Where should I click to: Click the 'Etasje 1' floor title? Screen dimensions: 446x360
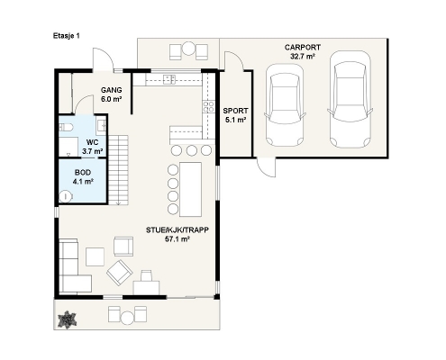coord(67,36)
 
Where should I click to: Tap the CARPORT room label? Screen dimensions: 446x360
coord(303,48)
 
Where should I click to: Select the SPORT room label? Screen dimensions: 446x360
coord(235,111)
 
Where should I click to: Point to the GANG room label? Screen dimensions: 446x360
coord(112,90)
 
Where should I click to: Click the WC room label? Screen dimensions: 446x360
coord(92,142)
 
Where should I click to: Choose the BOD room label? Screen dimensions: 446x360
coord(83,173)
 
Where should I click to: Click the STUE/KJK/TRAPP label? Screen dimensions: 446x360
coord(177,230)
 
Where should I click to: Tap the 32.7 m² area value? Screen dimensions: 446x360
coord(303,56)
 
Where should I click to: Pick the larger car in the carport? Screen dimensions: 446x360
coord(350,99)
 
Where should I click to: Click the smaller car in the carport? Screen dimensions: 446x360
coord(285,105)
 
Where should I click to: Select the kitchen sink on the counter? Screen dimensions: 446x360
coord(169,79)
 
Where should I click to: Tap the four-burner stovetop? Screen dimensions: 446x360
coord(209,107)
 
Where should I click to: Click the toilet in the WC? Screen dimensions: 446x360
coord(66,128)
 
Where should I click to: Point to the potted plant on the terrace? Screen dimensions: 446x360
coord(67,319)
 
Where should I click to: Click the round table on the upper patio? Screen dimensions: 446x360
coord(189,49)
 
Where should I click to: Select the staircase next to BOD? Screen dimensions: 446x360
coord(118,170)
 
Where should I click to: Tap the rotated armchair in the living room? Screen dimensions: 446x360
coord(119,273)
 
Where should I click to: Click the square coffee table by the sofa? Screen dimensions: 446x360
coord(96,256)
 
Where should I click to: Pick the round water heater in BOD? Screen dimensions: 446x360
coord(66,197)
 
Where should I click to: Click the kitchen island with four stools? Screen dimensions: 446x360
coord(190,189)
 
